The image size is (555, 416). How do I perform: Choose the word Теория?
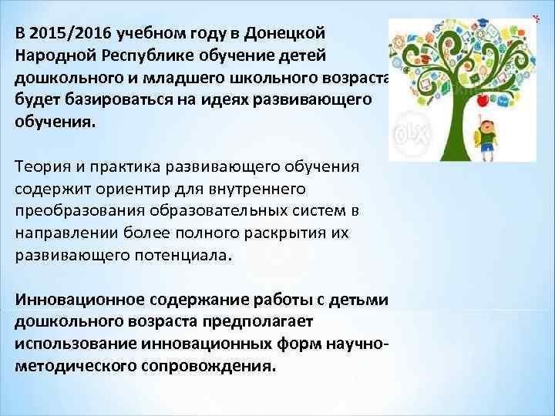pos(41,167)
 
